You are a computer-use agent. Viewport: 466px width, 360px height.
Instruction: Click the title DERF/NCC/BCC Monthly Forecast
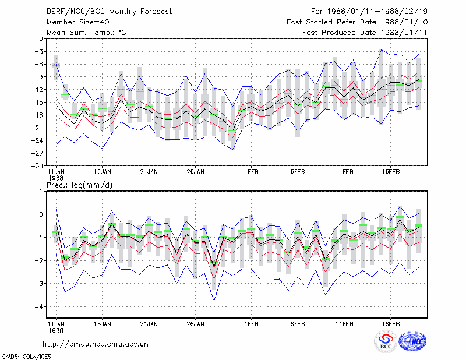coord(109,12)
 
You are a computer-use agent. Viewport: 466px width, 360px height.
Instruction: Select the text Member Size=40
coord(78,22)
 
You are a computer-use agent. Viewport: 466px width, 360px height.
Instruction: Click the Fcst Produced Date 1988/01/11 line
coord(365,33)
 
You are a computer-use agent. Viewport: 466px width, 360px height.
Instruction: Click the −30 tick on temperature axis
coord(38,166)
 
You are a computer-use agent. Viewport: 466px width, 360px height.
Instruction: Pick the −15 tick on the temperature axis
coord(38,103)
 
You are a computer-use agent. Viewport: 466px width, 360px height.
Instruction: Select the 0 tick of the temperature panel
coord(41,39)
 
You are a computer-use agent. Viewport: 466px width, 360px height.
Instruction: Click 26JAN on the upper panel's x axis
coord(195,172)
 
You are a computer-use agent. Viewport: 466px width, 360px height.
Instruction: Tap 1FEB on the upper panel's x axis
coord(251,172)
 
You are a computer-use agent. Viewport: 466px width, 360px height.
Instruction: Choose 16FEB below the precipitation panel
coord(390,324)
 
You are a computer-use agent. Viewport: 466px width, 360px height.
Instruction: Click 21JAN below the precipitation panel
coord(149,324)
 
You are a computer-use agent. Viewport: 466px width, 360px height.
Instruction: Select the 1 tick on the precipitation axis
coord(41,191)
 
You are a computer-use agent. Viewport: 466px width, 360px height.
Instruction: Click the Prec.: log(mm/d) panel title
coord(79,185)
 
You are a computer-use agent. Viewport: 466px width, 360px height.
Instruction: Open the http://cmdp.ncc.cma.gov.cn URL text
coord(96,344)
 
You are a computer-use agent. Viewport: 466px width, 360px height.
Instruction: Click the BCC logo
coord(386,342)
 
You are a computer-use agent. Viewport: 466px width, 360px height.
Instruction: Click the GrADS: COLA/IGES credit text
coord(26,357)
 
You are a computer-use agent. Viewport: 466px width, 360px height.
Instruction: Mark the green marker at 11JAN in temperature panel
coord(56,66)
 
